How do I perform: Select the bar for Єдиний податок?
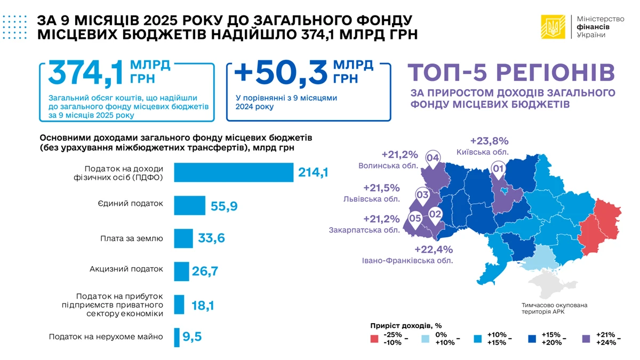(x=190, y=205)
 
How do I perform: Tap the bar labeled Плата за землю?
(x=183, y=238)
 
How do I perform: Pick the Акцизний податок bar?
(x=182, y=271)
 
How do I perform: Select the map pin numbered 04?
(x=433, y=158)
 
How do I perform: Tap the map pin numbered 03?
(x=423, y=195)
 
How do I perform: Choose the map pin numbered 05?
(x=415, y=218)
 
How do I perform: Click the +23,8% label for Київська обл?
(x=489, y=141)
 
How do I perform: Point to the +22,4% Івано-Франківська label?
(x=433, y=250)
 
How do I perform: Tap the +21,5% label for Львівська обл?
(x=381, y=188)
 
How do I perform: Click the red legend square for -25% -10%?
(x=374, y=339)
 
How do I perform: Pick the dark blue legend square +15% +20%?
(x=532, y=339)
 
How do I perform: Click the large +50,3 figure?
(x=280, y=73)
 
